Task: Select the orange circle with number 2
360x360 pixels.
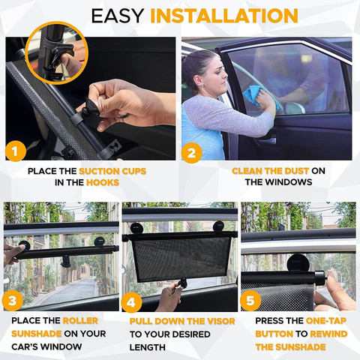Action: [x=192, y=153]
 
